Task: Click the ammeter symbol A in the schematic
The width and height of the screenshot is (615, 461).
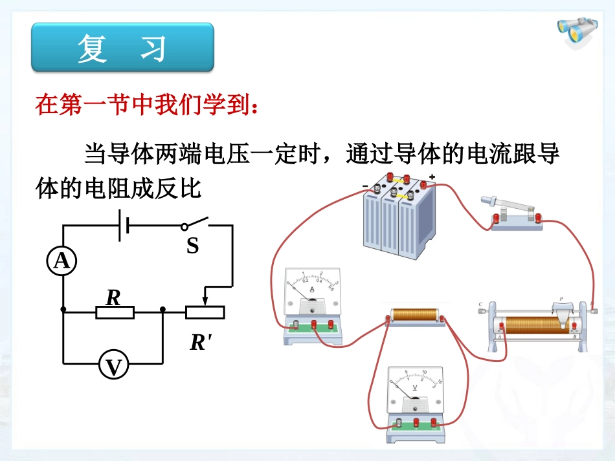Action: click(61, 261)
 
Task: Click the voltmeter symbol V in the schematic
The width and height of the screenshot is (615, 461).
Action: click(114, 367)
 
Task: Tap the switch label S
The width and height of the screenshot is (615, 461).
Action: click(192, 246)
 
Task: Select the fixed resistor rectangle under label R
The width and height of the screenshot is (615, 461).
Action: click(115, 313)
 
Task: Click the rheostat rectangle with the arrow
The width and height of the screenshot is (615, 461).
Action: click(205, 313)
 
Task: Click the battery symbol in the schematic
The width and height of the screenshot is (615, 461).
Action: click(123, 226)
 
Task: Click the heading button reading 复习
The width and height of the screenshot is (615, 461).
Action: click(122, 48)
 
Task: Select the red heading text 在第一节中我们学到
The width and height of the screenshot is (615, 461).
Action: click(149, 105)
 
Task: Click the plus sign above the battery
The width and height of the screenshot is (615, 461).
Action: click(432, 177)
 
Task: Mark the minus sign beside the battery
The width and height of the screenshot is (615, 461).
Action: click(365, 187)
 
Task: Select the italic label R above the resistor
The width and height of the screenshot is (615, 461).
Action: click(113, 297)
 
